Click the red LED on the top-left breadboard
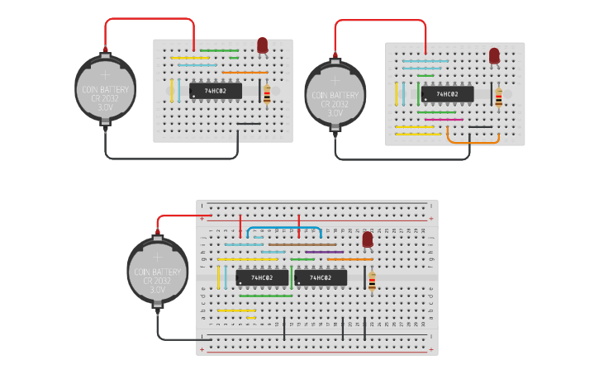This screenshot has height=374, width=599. [x=262, y=45]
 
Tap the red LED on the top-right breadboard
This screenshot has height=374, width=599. [x=494, y=56]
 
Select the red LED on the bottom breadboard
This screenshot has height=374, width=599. [x=368, y=240]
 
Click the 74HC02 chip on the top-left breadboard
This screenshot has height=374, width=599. [x=216, y=91]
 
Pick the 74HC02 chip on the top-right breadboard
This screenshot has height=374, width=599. [x=447, y=94]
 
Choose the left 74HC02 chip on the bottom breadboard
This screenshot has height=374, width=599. [x=262, y=278]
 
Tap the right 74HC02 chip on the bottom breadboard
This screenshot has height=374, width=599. [x=321, y=278]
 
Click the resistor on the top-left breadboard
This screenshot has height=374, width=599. [x=267, y=94]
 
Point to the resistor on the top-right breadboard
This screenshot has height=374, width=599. [x=498, y=98]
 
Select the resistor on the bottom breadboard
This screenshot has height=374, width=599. [x=372, y=282]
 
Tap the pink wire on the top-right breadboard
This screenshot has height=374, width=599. [x=444, y=120]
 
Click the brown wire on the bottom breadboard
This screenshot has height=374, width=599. [x=302, y=244]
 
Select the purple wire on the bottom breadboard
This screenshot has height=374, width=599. [x=324, y=252]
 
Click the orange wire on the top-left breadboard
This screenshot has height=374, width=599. [x=245, y=72]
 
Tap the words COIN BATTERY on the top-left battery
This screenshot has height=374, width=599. [x=105, y=88]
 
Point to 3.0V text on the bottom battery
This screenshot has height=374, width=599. [x=157, y=290]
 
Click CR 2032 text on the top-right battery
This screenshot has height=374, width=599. [x=335, y=103]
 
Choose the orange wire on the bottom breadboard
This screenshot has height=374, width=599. [x=349, y=259]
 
